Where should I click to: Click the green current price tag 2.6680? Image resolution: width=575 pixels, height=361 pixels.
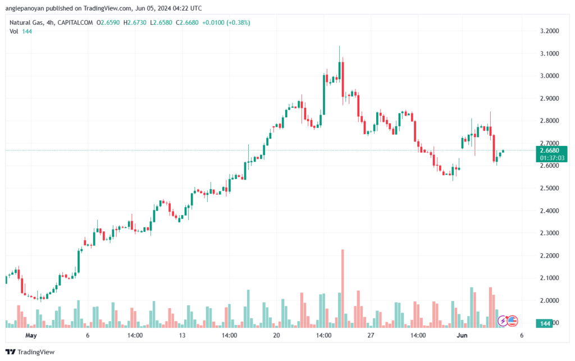point(547,150)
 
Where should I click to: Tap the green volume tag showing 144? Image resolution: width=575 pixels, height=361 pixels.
point(545,323)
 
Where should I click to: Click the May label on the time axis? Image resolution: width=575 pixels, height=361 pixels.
point(31,335)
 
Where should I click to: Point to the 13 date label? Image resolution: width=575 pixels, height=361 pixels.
point(181,335)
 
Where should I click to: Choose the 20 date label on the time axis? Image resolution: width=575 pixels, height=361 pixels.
point(276,335)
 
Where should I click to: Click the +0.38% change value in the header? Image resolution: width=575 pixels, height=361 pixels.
point(238,22)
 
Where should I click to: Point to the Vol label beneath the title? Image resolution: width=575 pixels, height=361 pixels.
point(14,31)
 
